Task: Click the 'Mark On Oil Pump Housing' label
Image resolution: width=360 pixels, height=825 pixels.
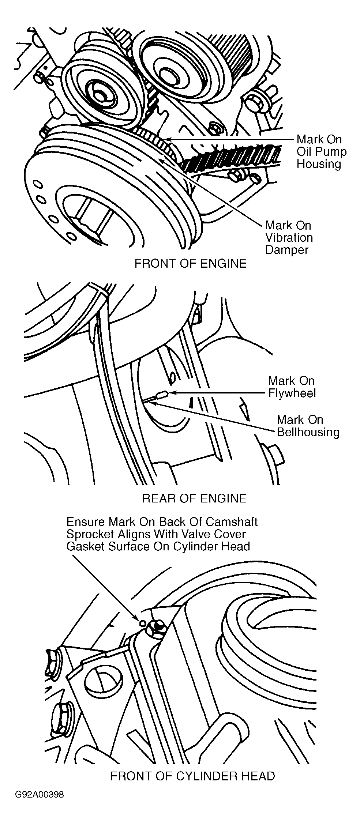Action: tap(321, 151)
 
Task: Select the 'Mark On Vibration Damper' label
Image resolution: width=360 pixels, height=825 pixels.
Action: tap(289, 238)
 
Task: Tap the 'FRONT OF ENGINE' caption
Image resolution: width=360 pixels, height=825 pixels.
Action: tap(191, 263)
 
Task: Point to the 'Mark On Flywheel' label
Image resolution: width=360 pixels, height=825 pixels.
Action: tap(292, 387)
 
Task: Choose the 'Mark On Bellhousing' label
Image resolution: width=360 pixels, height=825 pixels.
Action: tap(308, 426)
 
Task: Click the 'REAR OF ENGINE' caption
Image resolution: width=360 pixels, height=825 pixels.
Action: tap(194, 498)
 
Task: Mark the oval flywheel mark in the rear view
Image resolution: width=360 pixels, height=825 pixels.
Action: tap(161, 394)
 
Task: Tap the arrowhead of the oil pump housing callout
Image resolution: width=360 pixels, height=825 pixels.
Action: tap(167, 139)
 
